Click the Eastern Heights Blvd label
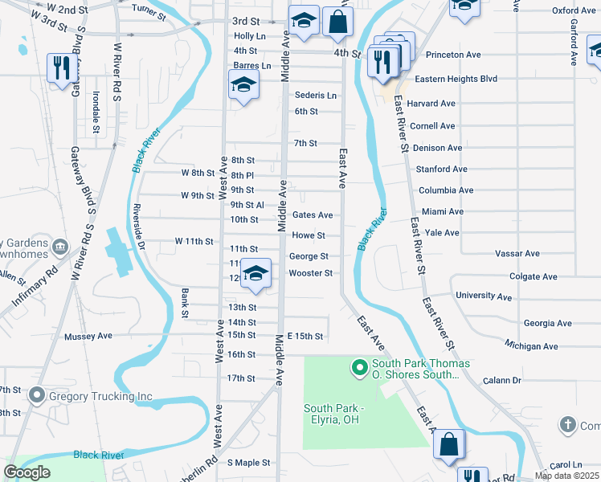point(456,79)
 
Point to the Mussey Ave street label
point(88,336)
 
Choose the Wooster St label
point(311,273)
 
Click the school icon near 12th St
point(256,275)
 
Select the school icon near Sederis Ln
point(243,85)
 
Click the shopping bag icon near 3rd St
point(338,22)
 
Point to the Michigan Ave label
point(531,346)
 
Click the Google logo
point(27,472)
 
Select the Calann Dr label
point(502,380)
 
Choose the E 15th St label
point(305,336)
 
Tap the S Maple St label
point(249,463)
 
